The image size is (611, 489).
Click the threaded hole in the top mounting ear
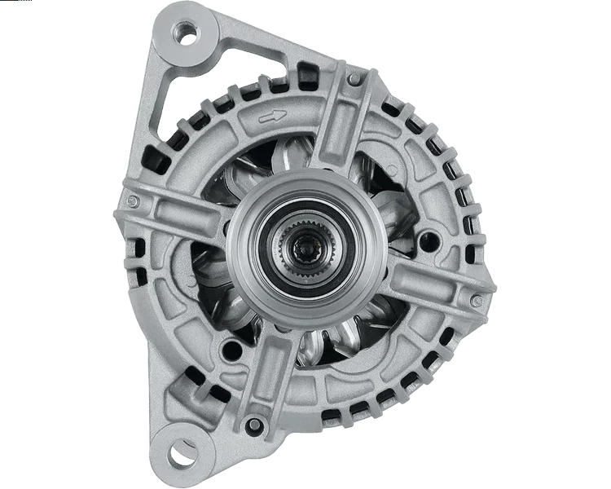pyautogui.click(x=188, y=33)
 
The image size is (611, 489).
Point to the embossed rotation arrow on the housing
pyautogui.click(x=272, y=117)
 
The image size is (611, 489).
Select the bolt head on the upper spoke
pyautogui.click(x=354, y=78)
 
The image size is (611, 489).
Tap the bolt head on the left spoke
pyautogui.click(x=133, y=201)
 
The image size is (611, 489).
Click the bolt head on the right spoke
pyautogui.click(x=477, y=301)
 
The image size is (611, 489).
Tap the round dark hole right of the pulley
pyautogui.click(x=430, y=241)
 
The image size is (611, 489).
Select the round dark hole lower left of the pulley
pyautogui.click(x=233, y=350)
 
